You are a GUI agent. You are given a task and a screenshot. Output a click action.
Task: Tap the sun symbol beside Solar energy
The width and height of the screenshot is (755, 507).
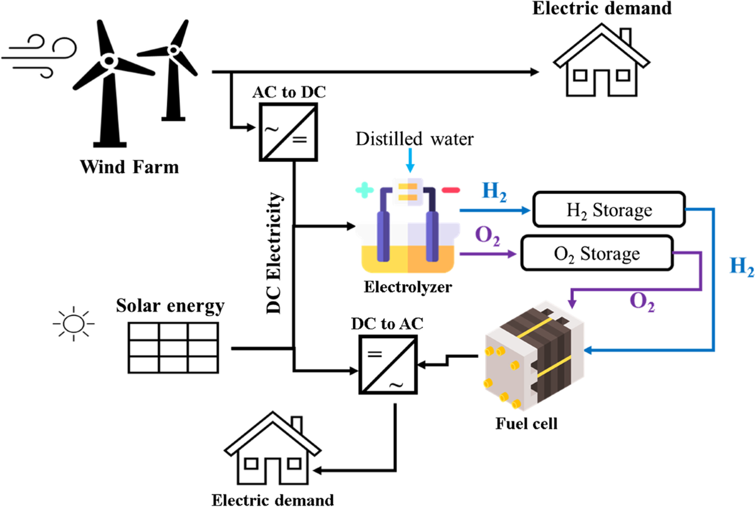tap(74, 323)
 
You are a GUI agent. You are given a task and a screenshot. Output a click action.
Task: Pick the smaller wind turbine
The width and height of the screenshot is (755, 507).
tap(170, 69)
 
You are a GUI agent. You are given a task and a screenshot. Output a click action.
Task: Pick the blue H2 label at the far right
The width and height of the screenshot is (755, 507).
tap(741, 266)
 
